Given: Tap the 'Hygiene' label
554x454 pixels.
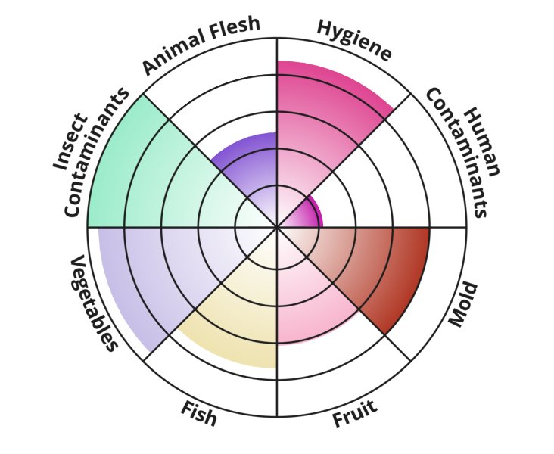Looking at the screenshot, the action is click(354, 40).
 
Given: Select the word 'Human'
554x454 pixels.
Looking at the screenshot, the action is click(482, 142).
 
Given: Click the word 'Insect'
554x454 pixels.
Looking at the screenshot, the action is click(70, 141).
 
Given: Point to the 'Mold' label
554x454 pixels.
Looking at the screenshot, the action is click(463, 304).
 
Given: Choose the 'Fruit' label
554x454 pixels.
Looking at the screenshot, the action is click(355, 413).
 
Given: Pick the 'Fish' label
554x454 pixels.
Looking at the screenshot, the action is click(198, 414).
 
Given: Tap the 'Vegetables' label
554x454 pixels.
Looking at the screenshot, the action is click(93, 303).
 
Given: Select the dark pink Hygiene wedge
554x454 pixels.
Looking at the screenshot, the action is click(325, 123).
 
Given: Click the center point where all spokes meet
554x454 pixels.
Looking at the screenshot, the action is click(277, 227).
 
